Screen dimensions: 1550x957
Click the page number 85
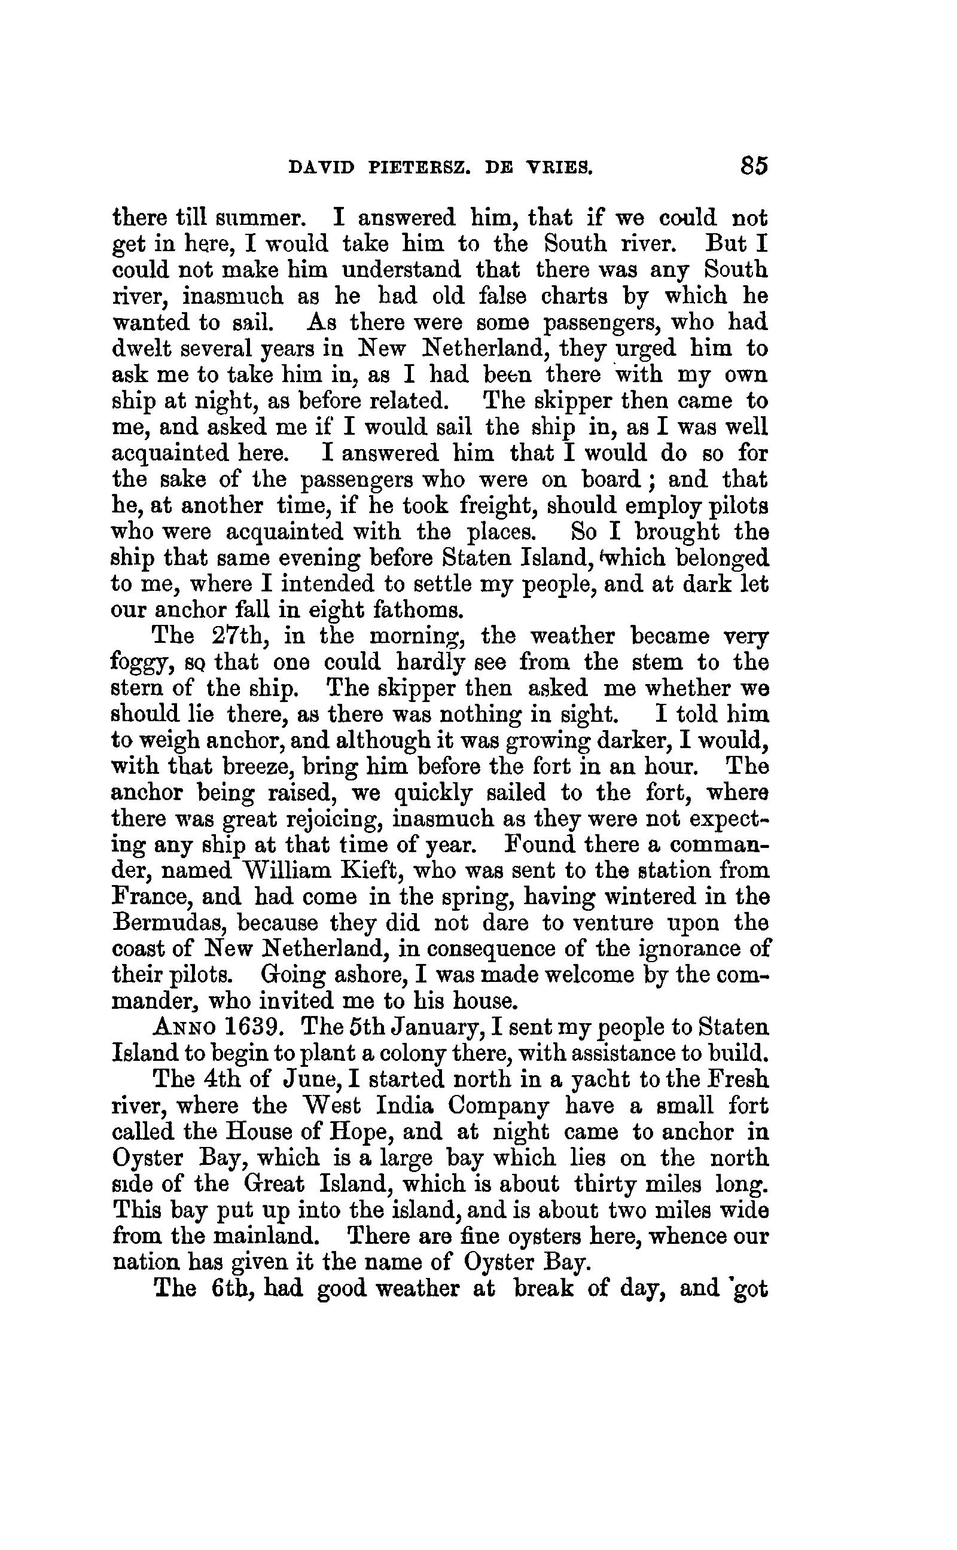click(752, 166)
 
